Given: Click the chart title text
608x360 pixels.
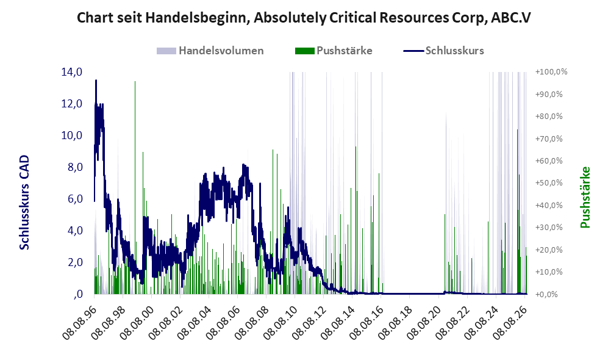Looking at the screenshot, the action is tap(304, 18).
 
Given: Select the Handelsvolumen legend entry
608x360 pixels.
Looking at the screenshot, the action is tap(210, 51).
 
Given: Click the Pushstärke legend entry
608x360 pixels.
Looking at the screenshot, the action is tap(334, 51).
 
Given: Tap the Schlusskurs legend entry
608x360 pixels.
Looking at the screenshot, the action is tap(443, 51).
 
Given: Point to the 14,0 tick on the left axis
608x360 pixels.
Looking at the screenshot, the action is tap(72, 72).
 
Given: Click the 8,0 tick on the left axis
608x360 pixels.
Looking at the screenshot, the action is tap(75, 167).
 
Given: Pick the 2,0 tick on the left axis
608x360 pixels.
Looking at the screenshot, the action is tap(75, 262).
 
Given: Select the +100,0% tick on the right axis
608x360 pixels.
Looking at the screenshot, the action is tap(551, 72).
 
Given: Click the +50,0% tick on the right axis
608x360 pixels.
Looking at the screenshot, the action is tap(549, 182).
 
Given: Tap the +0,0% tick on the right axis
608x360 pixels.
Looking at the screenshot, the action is tap(547, 294).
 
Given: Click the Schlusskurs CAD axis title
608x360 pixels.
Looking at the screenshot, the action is tap(24, 202).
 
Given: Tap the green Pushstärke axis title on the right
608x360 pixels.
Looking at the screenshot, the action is tap(585, 197).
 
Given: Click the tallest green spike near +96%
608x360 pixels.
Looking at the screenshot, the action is tap(135, 187).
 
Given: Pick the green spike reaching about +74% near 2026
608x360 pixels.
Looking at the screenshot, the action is tap(517, 211).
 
